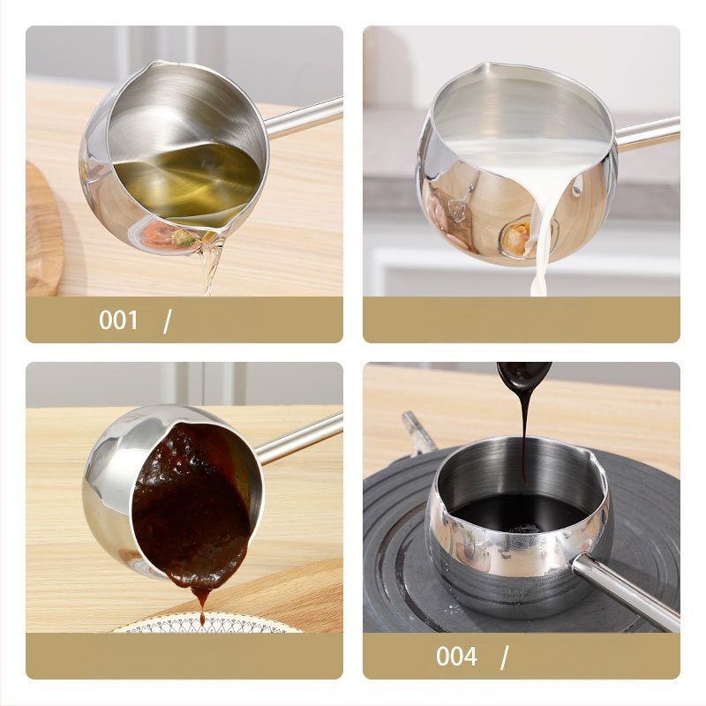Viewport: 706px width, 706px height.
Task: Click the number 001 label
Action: (x=118, y=320)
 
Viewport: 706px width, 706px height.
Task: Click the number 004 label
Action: (x=456, y=657)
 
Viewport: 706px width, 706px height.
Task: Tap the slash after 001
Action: (x=167, y=321)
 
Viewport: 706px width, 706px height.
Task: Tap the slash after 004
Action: (x=504, y=657)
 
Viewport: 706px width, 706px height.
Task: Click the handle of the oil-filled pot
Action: (x=304, y=116)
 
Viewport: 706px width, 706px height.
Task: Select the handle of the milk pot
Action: (x=647, y=133)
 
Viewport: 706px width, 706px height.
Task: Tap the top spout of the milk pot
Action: (x=482, y=68)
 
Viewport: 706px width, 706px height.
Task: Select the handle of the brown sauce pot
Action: (x=299, y=439)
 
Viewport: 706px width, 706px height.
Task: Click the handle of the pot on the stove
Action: (x=626, y=590)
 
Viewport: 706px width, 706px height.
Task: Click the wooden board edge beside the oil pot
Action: (x=42, y=229)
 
